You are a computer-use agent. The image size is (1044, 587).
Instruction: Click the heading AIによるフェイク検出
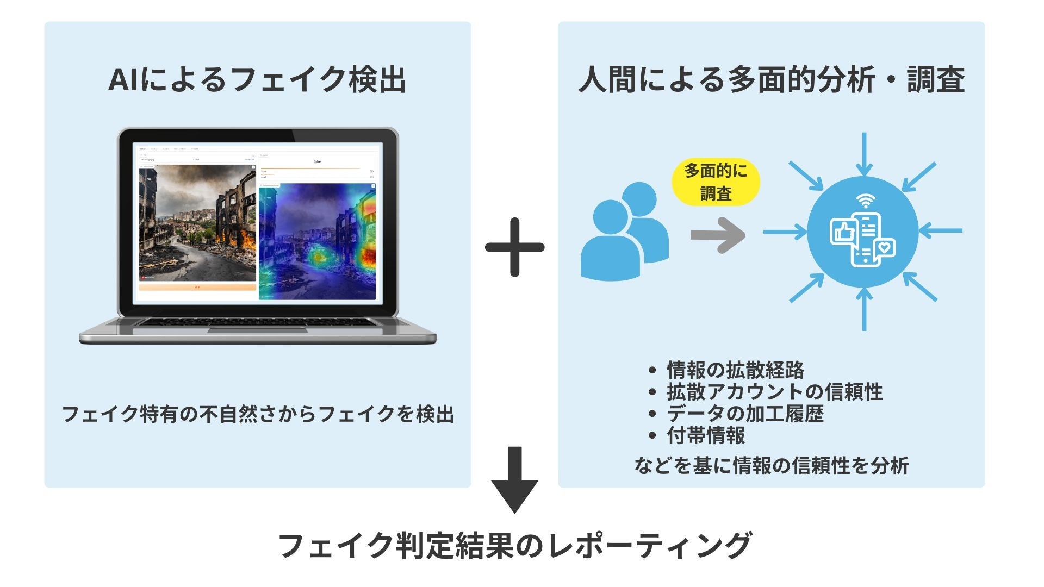(x=257, y=80)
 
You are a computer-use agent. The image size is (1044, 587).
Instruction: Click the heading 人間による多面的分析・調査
(x=771, y=80)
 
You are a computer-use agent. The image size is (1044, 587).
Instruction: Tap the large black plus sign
(x=514, y=247)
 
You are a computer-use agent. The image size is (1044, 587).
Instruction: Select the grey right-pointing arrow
(x=718, y=235)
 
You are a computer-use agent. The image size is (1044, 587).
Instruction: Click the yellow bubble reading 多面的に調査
(x=716, y=182)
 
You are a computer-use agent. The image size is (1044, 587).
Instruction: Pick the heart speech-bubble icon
(x=885, y=248)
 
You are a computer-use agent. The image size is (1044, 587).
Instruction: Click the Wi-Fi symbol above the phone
(x=864, y=202)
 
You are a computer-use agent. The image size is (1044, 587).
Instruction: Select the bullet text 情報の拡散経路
(x=735, y=370)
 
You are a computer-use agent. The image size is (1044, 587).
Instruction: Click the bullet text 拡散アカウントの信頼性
(x=774, y=392)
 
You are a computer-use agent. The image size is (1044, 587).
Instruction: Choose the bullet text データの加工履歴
(x=745, y=414)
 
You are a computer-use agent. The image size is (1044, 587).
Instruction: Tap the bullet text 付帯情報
(x=706, y=435)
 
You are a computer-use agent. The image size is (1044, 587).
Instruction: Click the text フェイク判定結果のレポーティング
(x=514, y=545)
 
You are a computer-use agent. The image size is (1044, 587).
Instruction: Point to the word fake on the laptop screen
(x=318, y=161)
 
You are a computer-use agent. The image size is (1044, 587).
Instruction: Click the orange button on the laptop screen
(x=197, y=287)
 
